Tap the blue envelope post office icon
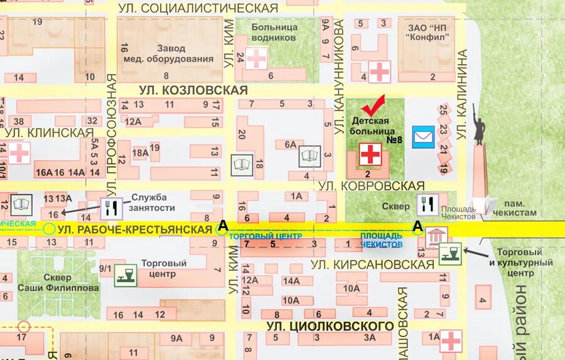[423, 137]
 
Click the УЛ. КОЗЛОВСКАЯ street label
[193, 90]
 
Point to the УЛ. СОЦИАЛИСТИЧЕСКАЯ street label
[198, 8]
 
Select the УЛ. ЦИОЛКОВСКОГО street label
[330, 326]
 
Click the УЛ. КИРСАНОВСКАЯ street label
[373, 265]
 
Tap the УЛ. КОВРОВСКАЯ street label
[372, 186]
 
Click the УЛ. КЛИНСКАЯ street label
[50, 133]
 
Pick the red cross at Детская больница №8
[370, 153]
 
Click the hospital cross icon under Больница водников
[256, 58]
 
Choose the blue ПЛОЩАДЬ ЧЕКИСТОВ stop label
[381, 239]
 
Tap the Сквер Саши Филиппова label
[57, 282]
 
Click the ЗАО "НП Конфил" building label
[428, 31]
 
